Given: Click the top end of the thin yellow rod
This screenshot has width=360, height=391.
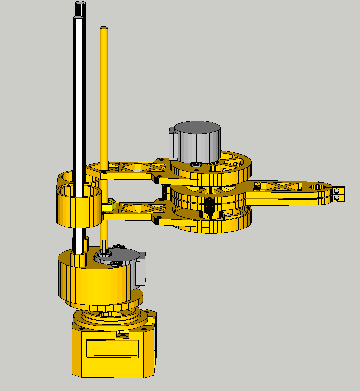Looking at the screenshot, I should tap(104, 28).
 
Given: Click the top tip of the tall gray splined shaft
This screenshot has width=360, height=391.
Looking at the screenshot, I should tap(80, 4).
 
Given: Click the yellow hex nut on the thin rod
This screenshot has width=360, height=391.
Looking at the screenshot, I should tap(111, 202).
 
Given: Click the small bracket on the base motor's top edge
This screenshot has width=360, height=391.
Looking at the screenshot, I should tap(122, 336).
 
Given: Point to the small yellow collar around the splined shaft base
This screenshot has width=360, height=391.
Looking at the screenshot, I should tap(80, 244).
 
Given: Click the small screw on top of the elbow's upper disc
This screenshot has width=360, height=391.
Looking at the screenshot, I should tap(196, 164).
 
